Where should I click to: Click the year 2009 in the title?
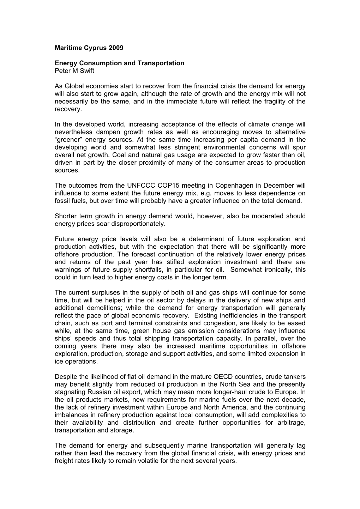116,48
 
